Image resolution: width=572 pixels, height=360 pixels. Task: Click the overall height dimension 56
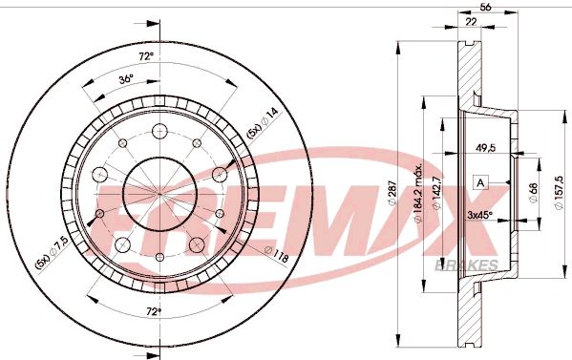485,8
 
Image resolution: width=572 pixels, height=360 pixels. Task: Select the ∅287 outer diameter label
392,196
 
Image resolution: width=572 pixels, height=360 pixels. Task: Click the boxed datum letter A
480,181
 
